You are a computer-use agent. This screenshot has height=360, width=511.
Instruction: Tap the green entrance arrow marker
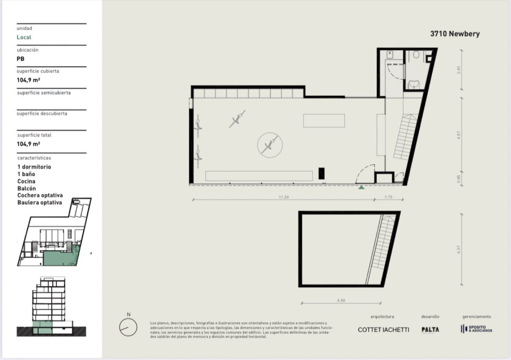[x=361, y=187]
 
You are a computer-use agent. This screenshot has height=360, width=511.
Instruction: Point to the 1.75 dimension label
[x=388, y=197]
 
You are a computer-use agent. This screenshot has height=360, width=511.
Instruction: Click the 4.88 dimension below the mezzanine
[x=341, y=300]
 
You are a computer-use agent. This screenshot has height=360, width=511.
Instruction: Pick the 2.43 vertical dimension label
[x=458, y=69]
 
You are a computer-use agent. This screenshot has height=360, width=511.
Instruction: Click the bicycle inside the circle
[x=270, y=144]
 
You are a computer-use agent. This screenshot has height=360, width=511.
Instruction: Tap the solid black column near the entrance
[x=322, y=173]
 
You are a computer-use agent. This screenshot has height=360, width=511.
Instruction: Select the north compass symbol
[x=128, y=327]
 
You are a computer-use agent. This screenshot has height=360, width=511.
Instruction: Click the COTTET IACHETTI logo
[x=383, y=329]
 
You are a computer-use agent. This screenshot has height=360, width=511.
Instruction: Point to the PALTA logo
[x=430, y=329]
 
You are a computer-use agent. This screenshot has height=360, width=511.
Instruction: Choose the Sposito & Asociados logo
[x=476, y=329]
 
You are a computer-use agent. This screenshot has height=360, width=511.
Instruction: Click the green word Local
[x=24, y=37]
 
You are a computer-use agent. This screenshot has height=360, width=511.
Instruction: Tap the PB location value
[x=20, y=59]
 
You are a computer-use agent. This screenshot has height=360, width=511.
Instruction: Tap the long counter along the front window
[x=259, y=176]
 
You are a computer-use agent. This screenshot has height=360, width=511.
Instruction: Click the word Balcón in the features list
[x=26, y=188]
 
